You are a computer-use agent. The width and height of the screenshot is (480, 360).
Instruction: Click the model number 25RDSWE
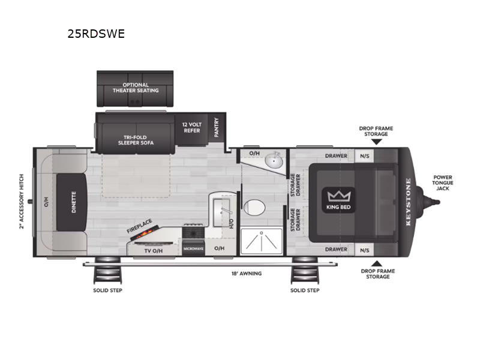pos(96,34)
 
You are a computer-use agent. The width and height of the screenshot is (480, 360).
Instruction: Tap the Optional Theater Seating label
pos(135,88)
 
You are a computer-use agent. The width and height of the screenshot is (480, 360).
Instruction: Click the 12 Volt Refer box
pos(192,127)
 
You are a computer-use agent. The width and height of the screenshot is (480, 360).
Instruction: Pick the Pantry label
pos(216,127)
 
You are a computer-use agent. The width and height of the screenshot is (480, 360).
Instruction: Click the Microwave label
pos(194,248)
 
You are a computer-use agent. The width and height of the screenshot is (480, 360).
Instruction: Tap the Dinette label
pos(74,203)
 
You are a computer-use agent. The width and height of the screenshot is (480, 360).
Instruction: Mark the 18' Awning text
pos(246,274)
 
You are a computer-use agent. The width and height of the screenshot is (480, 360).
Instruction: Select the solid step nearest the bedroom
pos(304,274)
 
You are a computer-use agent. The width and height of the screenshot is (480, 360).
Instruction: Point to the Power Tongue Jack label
pos(443,183)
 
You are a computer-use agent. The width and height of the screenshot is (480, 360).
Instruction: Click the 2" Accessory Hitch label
pos(22,202)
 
